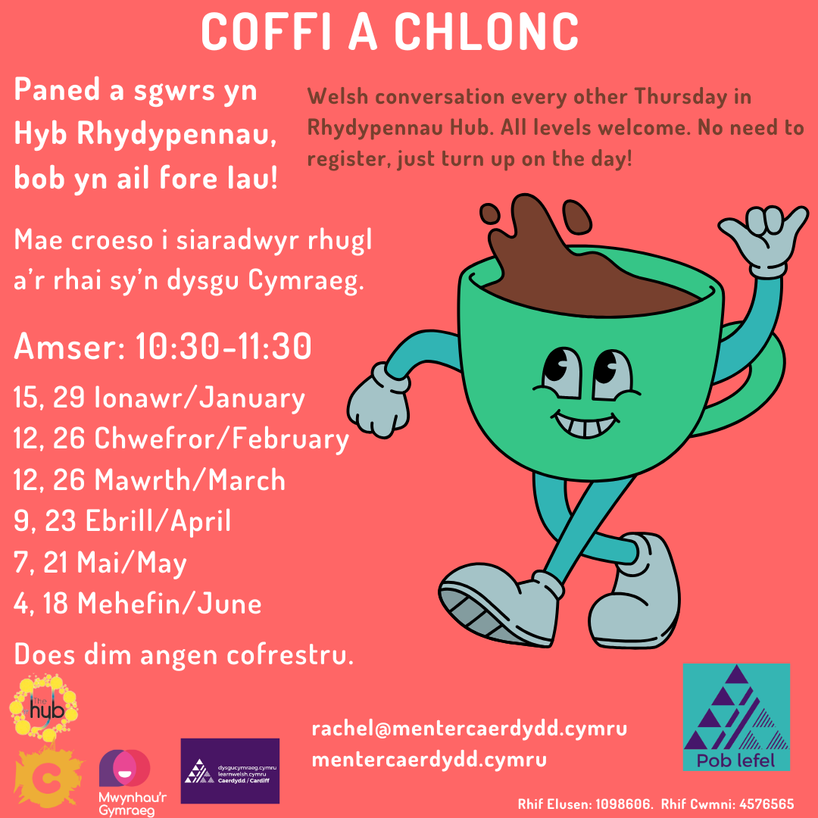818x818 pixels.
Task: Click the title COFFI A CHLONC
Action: (389, 33)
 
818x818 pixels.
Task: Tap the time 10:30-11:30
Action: (223, 349)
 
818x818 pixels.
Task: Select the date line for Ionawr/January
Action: (159, 398)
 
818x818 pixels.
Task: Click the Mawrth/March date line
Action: (149, 480)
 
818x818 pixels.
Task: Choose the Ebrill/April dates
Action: (123, 521)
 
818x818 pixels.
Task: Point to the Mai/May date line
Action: (101, 563)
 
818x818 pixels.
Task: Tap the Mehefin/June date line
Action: (138, 604)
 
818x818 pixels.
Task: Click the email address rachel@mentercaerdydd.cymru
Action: (470, 729)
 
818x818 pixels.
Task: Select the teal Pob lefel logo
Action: (736, 717)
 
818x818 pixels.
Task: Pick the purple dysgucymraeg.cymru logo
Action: (229, 770)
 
